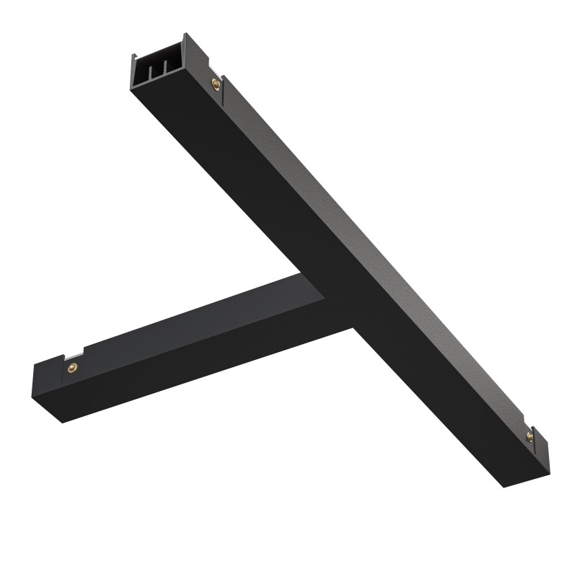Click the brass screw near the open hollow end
click(215, 85)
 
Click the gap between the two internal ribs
click(160, 71)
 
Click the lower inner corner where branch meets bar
click(353, 326)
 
